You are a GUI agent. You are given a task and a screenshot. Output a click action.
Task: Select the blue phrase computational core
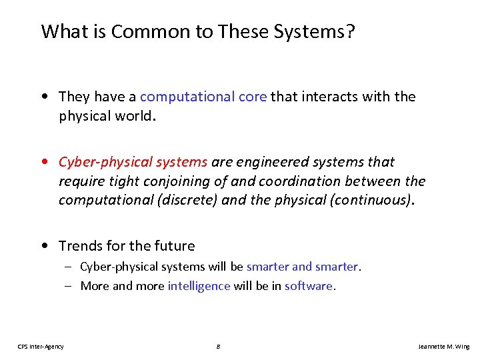(x=203, y=97)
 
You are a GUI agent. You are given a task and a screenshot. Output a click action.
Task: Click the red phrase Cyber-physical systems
(x=133, y=162)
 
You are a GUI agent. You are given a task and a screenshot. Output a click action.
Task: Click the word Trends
(x=81, y=246)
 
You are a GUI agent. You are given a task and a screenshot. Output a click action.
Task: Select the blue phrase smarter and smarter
(x=302, y=267)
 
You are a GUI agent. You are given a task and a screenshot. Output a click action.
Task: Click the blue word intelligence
(x=199, y=286)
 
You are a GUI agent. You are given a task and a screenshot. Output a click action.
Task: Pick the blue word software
(x=308, y=286)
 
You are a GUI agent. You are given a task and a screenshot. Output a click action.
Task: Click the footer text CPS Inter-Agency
(x=41, y=346)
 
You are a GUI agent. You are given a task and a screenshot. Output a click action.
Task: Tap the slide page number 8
(x=219, y=346)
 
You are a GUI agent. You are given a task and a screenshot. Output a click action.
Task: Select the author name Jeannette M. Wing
(x=443, y=346)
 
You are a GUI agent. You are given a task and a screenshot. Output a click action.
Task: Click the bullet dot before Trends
(x=43, y=246)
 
